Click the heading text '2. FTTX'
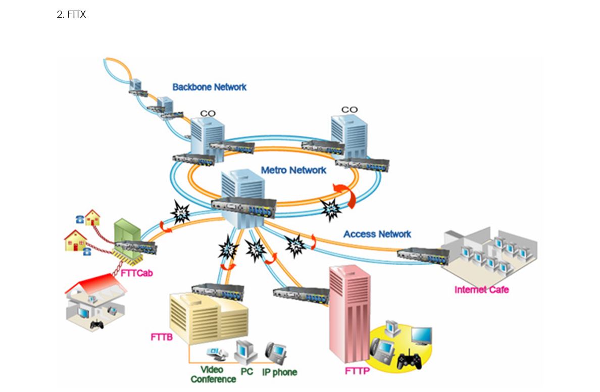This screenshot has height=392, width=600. [x=71, y=15]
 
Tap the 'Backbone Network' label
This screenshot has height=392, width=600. [x=209, y=87]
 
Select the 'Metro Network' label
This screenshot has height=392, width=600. [x=293, y=170]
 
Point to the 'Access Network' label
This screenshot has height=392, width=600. [x=377, y=234]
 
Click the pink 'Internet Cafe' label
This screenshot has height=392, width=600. [x=481, y=289]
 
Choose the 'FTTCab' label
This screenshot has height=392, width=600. [x=137, y=273]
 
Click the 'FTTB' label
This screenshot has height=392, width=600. [x=162, y=336]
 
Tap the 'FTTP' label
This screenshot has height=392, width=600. [x=358, y=371]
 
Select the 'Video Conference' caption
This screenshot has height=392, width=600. [x=213, y=374]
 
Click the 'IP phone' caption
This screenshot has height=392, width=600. [x=279, y=372]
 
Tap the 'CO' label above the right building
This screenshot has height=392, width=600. [x=349, y=110]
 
